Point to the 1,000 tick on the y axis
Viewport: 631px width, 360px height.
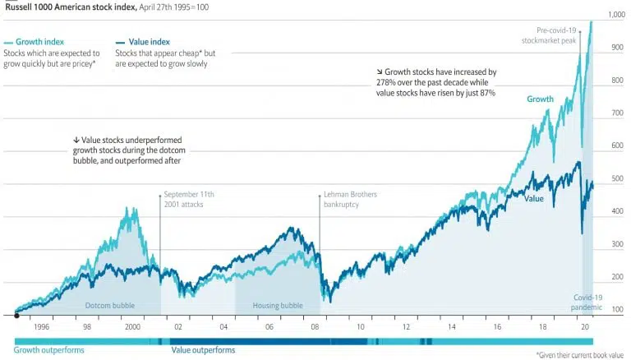point(615,15)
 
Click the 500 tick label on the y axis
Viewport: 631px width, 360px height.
point(617,178)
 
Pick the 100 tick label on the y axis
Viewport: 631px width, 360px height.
point(617,310)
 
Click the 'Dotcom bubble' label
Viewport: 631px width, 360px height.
point(110,306)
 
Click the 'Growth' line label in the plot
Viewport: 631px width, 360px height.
point(540,99)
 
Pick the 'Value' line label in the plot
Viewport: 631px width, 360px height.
point(534,198)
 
